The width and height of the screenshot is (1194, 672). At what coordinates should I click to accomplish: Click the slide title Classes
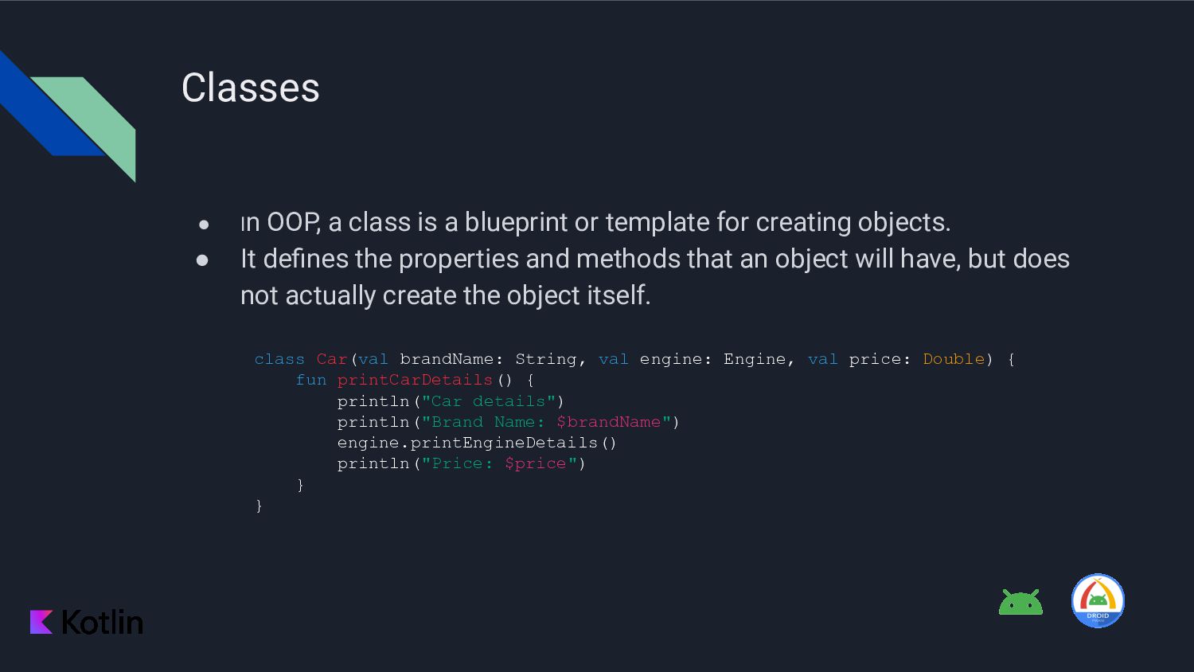(250, 88)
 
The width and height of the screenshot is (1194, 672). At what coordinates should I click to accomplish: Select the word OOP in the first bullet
(293, 222)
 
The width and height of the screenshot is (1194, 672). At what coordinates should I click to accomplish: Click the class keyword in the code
(279, 359)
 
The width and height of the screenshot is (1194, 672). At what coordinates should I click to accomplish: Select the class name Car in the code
(331, 359)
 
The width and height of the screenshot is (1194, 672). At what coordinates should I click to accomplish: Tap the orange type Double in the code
(954, 359)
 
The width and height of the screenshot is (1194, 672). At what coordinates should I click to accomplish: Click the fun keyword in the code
(310, 380)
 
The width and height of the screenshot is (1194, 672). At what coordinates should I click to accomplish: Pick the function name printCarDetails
(414, 380)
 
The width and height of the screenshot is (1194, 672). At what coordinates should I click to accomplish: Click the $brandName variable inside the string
(608, 422)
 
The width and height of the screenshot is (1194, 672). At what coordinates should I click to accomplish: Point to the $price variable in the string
(535, 463)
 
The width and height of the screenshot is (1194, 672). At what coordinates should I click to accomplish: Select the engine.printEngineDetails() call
(477, 443)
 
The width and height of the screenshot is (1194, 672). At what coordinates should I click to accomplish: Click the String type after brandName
(545, 359)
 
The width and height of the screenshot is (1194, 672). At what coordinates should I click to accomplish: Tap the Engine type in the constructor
(754, 359)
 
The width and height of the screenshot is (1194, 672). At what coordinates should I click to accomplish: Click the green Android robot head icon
(1020, 603)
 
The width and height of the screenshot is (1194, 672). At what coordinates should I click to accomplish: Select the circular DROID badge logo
(1098, 601)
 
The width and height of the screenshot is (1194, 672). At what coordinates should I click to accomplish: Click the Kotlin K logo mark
(41, 622)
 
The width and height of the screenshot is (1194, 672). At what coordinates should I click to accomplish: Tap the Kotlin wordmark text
(103, 622)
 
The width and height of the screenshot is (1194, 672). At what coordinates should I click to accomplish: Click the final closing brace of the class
(259, 506)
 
